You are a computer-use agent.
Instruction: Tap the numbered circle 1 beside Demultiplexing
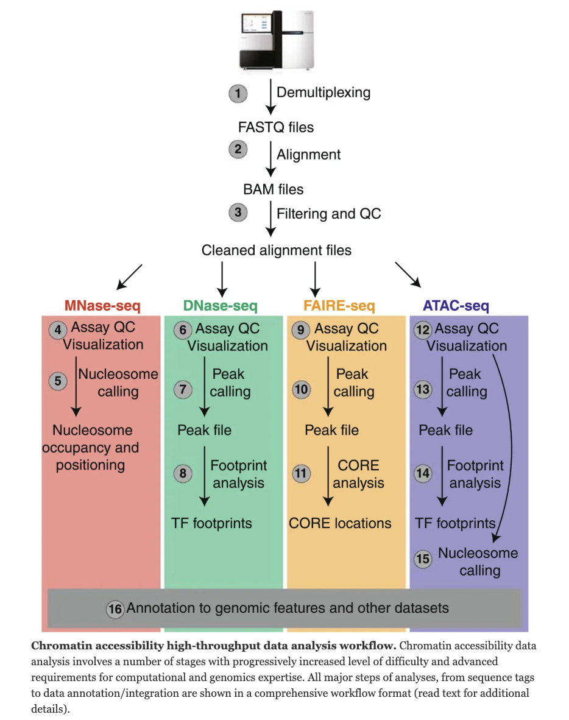(237, 94)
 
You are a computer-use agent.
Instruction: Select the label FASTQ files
(276, 127)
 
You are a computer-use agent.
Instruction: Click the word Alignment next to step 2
(308, 155)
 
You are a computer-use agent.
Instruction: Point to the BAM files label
(273, 189)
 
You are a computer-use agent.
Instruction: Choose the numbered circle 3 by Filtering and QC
(237, 213)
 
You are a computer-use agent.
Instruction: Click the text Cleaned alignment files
(276, 250)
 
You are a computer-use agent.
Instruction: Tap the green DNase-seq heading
(221, 305)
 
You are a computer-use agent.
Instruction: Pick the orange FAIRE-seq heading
(339, 305)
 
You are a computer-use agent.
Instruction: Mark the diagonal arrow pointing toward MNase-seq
(129, 276)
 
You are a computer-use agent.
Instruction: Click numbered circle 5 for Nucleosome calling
(58, 381)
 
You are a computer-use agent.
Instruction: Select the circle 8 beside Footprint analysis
(183, 473)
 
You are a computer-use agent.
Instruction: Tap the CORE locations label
(340, 523)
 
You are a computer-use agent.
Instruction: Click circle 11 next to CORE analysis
(301, 473)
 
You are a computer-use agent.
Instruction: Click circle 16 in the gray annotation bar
(115, 608)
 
